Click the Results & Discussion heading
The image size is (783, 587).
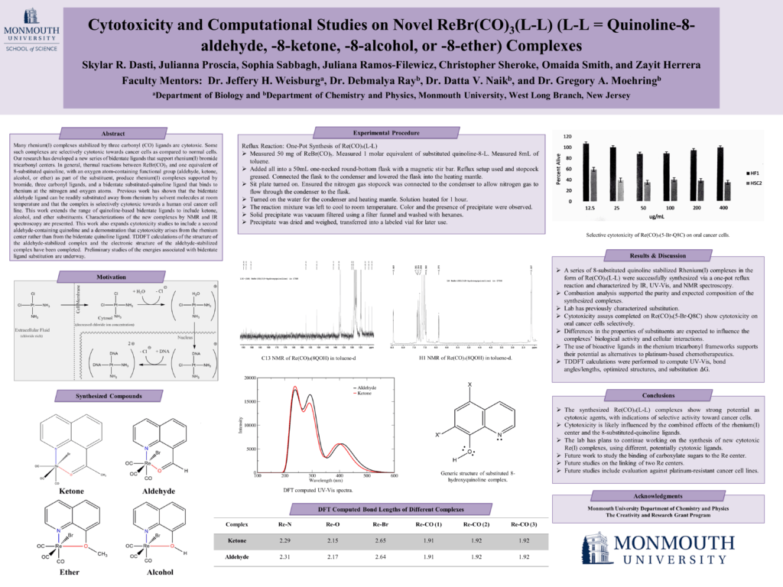point(657,255)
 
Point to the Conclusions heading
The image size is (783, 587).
point(657,395)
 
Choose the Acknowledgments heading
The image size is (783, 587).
point(657,495)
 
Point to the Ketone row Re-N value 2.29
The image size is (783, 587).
point(284,541)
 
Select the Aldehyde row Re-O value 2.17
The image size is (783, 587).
point(333,556)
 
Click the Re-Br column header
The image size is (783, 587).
point(380,525)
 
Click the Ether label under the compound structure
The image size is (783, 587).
point(69,571)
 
